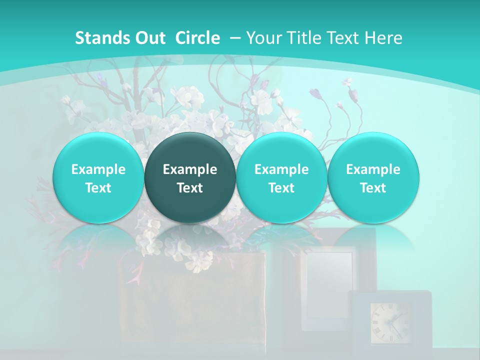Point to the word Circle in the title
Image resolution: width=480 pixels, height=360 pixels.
(x=197, y=38)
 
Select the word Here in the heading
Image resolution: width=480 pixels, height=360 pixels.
(x=385, y=38)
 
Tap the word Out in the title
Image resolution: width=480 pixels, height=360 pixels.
(x=148, y=38)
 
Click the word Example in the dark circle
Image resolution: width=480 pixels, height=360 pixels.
(x=190, y=169)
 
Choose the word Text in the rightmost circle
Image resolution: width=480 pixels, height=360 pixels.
(x=373, y=188)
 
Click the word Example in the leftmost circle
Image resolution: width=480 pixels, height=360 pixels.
(x=98, y=169)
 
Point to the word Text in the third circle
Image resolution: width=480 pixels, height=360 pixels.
(x=281, y=188)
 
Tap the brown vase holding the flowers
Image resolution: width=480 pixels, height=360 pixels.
(x=192, y=305)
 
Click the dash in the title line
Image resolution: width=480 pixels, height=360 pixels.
(x=235, y=38)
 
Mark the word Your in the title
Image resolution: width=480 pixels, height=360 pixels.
(x=263, y=38)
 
